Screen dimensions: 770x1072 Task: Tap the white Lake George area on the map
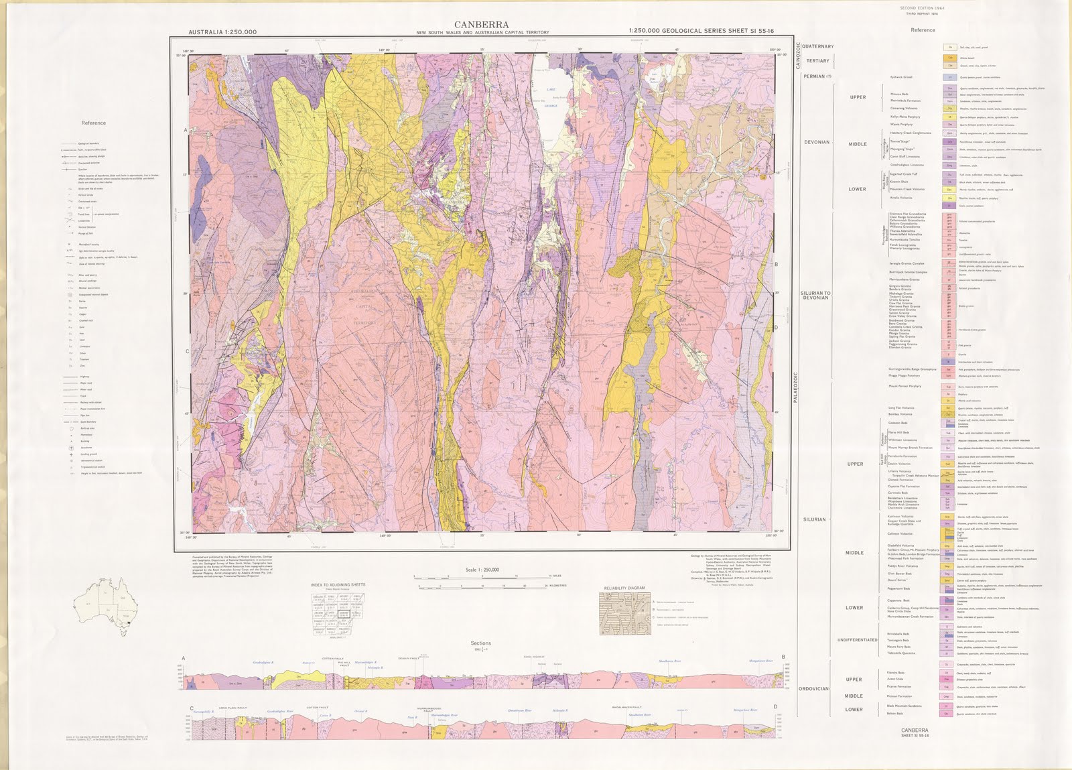coord(551,101)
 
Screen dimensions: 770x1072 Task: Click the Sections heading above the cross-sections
coord(480,643)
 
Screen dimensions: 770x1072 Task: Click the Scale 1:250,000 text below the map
coord(481,570)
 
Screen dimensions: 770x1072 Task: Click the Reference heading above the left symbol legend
coord(93,123)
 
